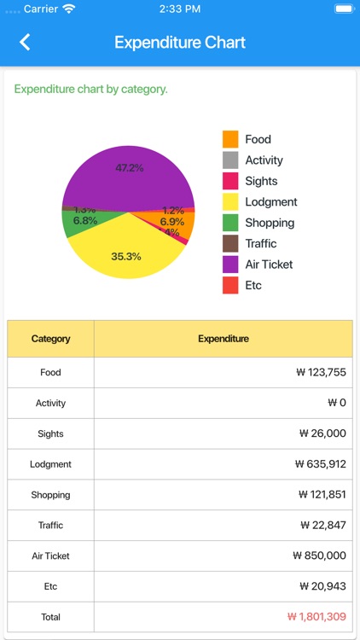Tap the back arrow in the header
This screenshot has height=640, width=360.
[x=25, y=42]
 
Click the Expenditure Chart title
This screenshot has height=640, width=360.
[x=180, y=43]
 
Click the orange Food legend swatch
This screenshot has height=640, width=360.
[x=230, y=139]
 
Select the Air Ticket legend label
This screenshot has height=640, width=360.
[x=269, y=265]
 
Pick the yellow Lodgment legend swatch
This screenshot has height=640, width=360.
[x=230, y=202]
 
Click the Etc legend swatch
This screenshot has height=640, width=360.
[x=230, y=286]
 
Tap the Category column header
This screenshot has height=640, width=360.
[x=50, y=339]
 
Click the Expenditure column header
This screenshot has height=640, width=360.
[x=224, y=339]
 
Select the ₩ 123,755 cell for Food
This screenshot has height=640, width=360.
[x=321, y=373]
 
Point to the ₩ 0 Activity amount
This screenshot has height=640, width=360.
[x=337, y=403]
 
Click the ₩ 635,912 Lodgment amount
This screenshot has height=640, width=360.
[x=321, y=464]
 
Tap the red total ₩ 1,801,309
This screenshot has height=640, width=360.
[x=316, y=617]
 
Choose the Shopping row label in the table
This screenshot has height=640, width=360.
[x=50, y=495]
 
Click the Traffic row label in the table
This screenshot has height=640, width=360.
[x=50, y=526]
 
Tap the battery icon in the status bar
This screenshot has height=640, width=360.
[x=343, y=9]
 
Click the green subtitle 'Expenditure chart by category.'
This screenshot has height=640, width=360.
[x=91, y=89]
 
